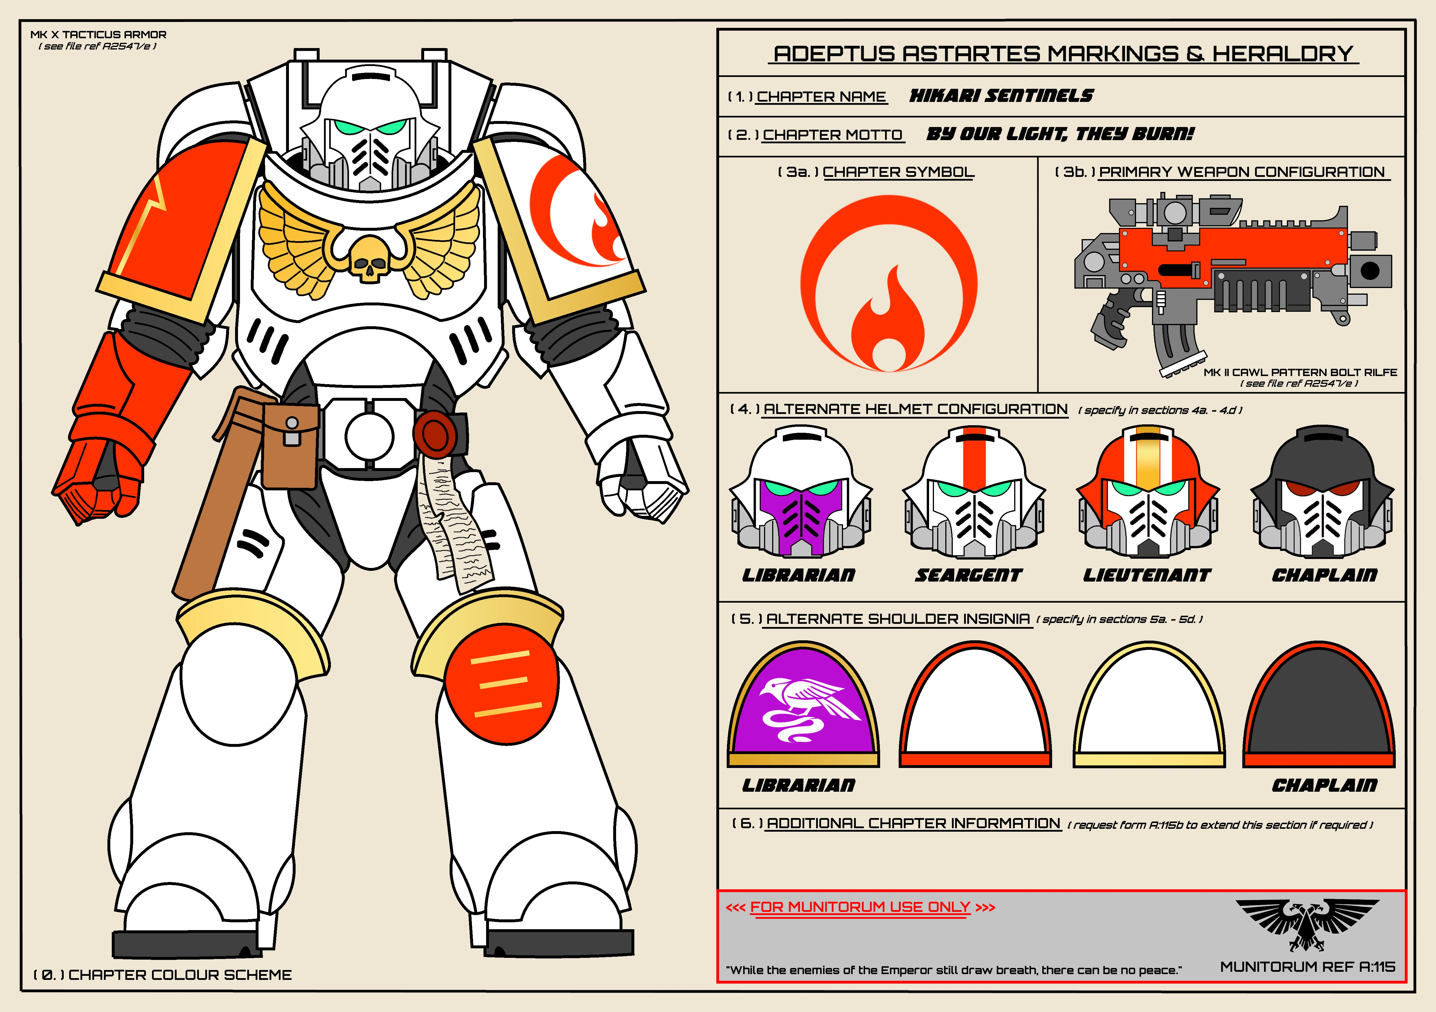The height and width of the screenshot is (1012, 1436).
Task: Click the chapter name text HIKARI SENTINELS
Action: (x=1001, y=96)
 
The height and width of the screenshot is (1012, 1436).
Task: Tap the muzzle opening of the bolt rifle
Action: (x=1370, y=271)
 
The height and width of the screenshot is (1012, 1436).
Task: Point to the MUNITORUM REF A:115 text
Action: (x=1307, y=967)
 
